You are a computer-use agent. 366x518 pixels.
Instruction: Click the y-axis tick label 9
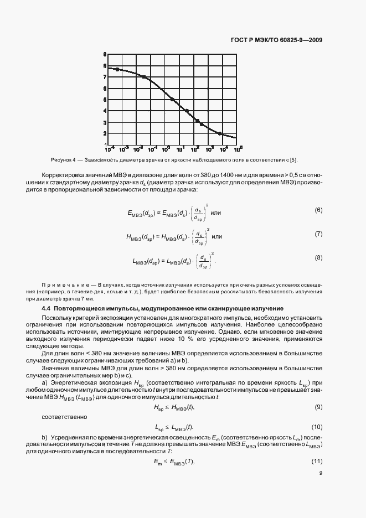(105, 54)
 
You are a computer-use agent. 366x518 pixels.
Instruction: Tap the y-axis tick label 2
(105, 133)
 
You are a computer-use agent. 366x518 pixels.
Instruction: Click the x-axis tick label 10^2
(197, 149)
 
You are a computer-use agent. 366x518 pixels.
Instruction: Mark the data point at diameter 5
(173, 100)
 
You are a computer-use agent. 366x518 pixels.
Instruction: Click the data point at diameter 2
(220, 133)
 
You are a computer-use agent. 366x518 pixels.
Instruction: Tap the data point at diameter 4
(187, 111)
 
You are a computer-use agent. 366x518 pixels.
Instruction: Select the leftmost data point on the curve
(117, 69)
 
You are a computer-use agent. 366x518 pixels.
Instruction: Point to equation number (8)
(318, 257)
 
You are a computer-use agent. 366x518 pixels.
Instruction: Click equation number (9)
(318, 407)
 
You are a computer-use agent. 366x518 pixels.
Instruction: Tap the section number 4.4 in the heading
(47, 308)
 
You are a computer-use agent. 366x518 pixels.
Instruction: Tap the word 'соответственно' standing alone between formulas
(61, 416)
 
